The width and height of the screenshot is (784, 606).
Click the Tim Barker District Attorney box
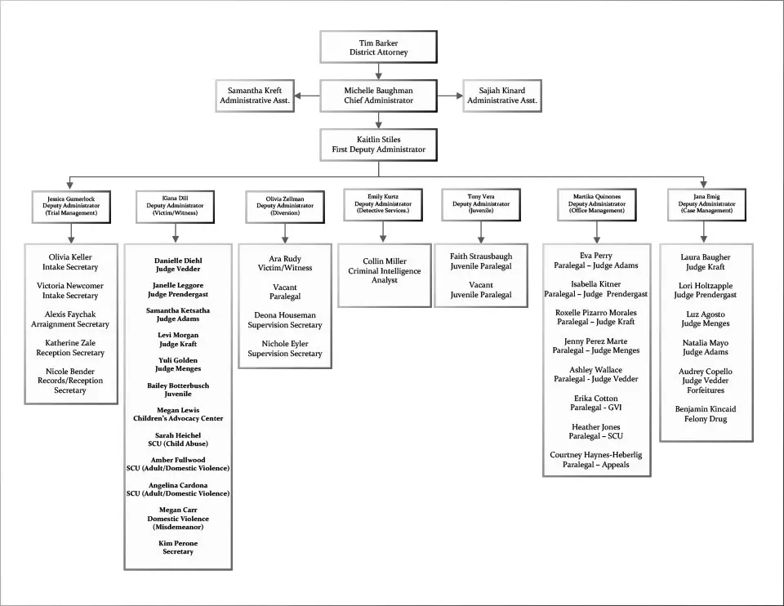coord(378,47)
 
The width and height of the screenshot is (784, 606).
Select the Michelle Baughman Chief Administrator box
coord(378,96)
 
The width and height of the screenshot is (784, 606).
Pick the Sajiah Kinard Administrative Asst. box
coord(502,96)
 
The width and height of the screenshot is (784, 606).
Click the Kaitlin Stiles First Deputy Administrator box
coord(378,145)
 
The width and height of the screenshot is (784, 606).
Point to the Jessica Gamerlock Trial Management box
coord(71,205)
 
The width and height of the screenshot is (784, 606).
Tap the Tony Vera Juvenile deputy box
coord(481,204)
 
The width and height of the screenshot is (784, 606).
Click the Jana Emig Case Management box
coord(706,204)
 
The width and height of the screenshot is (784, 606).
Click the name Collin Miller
coord(385,261)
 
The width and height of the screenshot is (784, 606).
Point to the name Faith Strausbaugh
coord(481,256)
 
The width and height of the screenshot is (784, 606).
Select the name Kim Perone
coord(178,543)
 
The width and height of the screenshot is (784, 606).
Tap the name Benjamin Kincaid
coord(706,409)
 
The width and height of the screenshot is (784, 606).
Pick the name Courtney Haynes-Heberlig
coord(596,455)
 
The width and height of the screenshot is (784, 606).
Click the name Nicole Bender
coord(70,372)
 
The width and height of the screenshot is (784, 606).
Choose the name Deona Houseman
coord(285,315)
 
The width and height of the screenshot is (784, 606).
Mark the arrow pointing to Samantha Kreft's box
coord(300,96)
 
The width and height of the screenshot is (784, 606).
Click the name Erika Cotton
coord(596,399)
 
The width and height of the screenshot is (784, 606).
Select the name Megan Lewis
coord(178,410)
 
